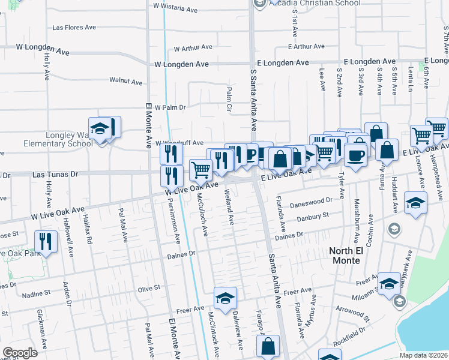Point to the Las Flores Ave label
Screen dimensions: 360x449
pyautogui.click(x=74, y=28)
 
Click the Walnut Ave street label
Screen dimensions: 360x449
pyautogui.click(x=125, y=81)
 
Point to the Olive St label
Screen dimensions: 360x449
pyautogui.click(x=149, y=288)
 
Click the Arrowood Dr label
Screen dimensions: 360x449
pyautogui.click(x=350, y=313)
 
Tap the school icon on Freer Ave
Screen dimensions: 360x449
pyautogui.click(x=225, y=299)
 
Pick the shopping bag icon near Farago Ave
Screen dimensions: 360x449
pyautogui.click(x=268, y=347)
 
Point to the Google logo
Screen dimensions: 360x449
pyautogui.click(x=20, y=353)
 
